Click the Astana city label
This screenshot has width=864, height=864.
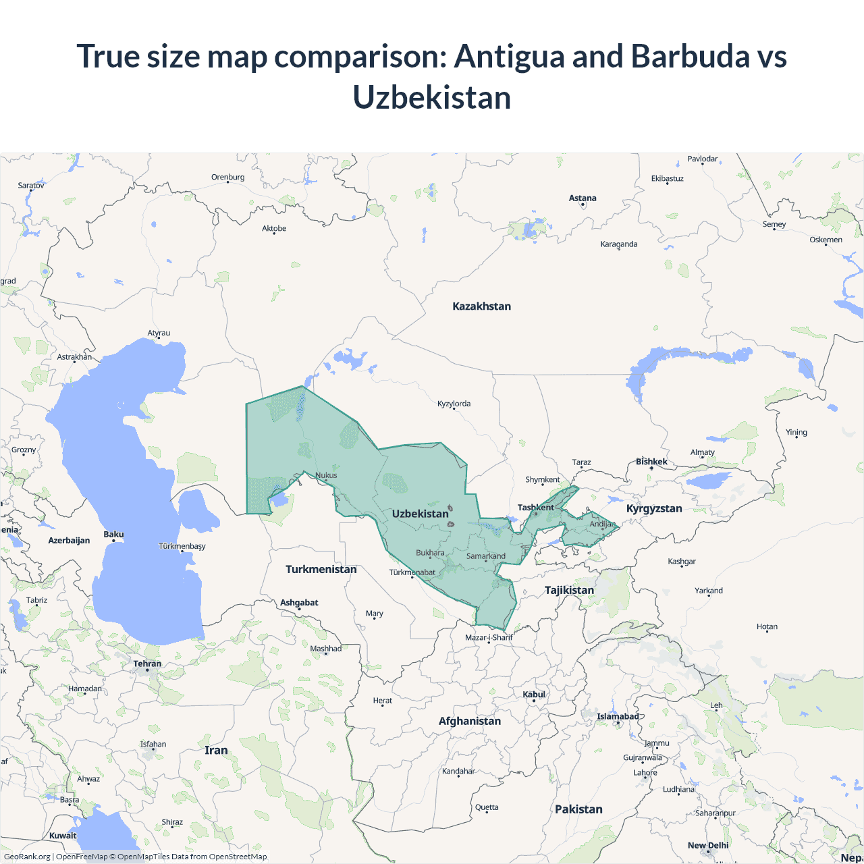coord(583,198)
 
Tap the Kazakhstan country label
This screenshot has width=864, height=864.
coord(481,306)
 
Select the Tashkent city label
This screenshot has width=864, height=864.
coord(535,508)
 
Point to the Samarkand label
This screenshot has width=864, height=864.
coord(486,556)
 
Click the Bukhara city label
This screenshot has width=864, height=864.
coord(430,553)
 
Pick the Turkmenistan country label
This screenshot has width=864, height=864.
coord(321,570)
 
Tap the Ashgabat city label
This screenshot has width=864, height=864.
coord(299,603)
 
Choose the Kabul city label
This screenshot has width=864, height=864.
coord(534,695)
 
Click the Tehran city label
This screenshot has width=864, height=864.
coord(147,664)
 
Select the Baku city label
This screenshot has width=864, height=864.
coord(113,535)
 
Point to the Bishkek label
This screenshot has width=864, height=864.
coord(651,462)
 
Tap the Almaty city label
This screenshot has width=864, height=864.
coord(702,453)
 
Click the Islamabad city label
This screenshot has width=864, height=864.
coord(618,717)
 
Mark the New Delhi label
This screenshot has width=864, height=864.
coord(708,846)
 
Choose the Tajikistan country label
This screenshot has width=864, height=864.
coord(569,591)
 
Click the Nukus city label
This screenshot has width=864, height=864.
coord(326,475)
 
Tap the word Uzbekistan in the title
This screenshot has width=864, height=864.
coord(432,98)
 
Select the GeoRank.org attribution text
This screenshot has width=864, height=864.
coord(27,857)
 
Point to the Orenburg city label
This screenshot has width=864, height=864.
coord(227,178)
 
